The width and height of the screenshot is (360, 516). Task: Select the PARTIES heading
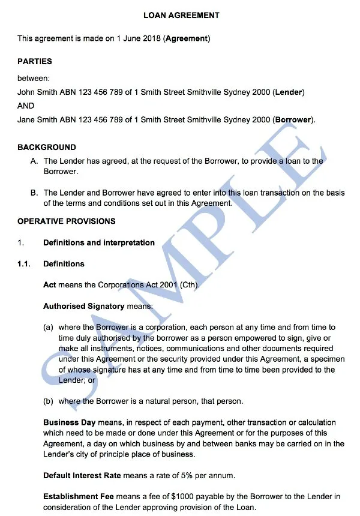pyautogui.click(x=35, y=61)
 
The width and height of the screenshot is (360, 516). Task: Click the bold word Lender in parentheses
pyautogui.click(x=289, y=92)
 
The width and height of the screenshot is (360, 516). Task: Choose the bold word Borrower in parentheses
pyautogui.click(x=293, y=119)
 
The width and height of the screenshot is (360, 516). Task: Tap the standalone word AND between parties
pyautogui.click(x=26, y=106)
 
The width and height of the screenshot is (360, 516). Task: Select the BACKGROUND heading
pyautogui.click(x=47, y=147)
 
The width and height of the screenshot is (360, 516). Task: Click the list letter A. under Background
pyautogui.click(x=34, y=161)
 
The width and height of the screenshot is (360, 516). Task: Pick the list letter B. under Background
pyautogui.click(x=34, y=193)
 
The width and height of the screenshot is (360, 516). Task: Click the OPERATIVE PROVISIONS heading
pyautogui.click(x=67, y=221)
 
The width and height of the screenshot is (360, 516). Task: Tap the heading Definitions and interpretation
pyautogui.click(x=99, y=243)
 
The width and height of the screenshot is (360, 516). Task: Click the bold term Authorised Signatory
pyautogui.click(x=83, y=306)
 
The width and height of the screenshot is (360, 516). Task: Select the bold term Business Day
pyautogui.click(x=69, y=422)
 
